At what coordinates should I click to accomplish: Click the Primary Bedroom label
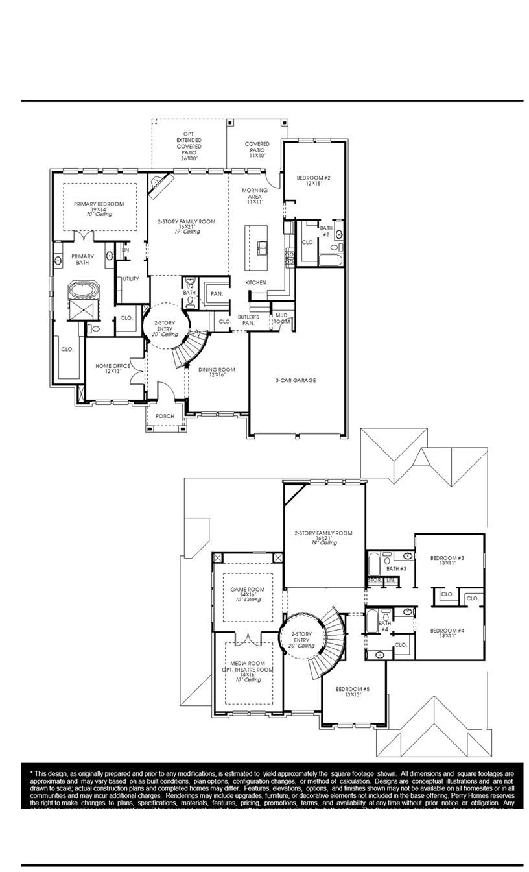[99, 204]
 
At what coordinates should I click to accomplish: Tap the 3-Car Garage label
[296, 380]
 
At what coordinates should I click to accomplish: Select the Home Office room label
[113, 366]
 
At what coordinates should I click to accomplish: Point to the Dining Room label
[217, 370]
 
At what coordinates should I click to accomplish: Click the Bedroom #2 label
[314, 178]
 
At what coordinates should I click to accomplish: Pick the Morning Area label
[255, 194]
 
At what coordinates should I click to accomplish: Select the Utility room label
[132, 279]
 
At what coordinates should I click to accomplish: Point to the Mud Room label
[282, 318]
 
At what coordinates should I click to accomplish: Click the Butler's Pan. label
[249, 319]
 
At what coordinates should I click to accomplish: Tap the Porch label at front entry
[165, 416]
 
